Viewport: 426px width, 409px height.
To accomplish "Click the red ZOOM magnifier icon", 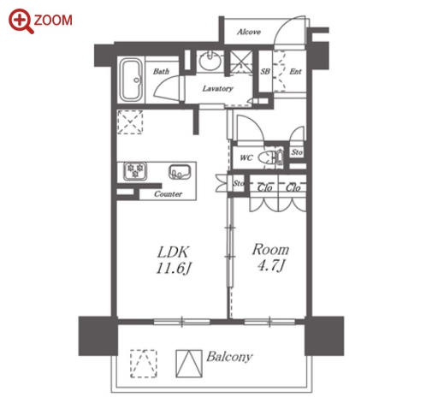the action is (x=21, y=21).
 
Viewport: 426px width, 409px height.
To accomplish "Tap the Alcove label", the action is (x=249, y=32).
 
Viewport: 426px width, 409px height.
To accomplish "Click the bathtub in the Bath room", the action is (x=131, y=80).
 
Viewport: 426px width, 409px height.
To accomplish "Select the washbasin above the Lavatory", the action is (x=210, y=60).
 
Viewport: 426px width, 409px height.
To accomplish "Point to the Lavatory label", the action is (x=217, y=88).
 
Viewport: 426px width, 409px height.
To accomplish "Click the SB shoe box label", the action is (x=265, y=71).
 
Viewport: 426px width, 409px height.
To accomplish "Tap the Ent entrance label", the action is (x=295, y=71).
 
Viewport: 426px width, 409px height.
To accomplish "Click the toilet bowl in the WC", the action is (x=267, y=157).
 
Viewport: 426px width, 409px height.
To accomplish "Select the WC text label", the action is (x=246, y=157).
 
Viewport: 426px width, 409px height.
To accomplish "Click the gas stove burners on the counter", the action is (x=135, y=170).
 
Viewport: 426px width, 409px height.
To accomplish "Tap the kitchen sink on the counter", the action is (x=180, y=172).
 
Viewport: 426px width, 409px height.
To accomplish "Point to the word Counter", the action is (x=168, y=194).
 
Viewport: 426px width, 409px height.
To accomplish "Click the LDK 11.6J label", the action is (x=174, y=260).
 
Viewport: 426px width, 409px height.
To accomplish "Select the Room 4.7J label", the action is (x=270, y=258).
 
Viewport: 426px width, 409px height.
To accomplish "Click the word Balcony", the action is (x=229, y=357).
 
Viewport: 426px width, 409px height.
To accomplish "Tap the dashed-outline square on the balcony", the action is (x=144, y=364).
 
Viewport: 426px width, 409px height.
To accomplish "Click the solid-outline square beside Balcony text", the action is (x=189, y=364).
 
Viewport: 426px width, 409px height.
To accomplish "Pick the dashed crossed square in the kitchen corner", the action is (x=130, y=122).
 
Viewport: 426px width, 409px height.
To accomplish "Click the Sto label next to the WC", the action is (x=297, y=152).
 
